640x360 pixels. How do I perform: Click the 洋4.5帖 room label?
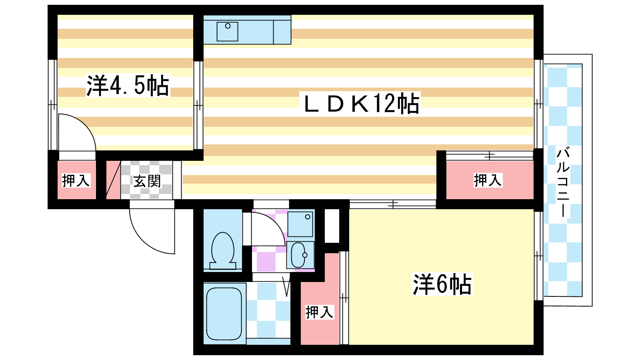point(128,85)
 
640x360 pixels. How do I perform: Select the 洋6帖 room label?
point(442,284)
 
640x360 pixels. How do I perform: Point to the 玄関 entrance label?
point(147,182)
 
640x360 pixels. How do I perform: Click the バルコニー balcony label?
point(563,182)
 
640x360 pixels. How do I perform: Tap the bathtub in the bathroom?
point(224,314)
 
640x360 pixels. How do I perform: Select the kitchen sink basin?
point(227,32)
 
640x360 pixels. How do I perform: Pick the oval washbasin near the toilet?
point(299,255)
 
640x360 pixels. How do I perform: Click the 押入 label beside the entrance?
point(76,181)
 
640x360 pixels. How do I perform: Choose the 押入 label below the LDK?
point(488,180)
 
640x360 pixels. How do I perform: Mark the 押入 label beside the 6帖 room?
point(319,312)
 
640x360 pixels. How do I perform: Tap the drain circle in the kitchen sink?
point(228,26)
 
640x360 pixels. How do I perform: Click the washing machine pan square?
point(300,224)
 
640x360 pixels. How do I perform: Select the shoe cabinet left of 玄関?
point(113,180)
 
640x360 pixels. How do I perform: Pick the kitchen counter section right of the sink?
point(282,30)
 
